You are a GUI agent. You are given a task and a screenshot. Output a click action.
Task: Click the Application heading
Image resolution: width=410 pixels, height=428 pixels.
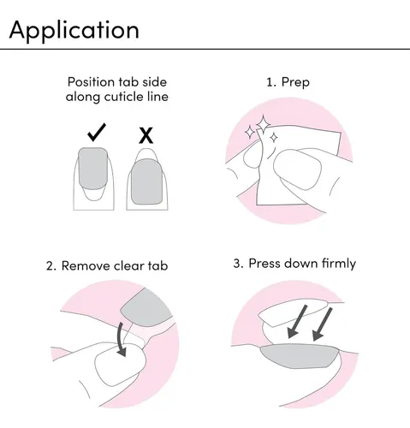(74, 31)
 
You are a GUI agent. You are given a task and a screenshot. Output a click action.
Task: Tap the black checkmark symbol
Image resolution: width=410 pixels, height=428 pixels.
(97, 133)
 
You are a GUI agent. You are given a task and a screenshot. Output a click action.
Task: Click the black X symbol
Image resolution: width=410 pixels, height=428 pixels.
(146, 135)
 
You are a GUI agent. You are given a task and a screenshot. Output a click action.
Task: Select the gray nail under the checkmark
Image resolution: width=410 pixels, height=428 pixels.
(93, 169)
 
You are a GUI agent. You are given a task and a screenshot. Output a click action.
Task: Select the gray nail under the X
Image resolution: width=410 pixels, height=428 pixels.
(147, 181)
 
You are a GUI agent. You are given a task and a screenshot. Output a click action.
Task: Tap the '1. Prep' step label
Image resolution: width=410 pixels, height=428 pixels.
(288, 82)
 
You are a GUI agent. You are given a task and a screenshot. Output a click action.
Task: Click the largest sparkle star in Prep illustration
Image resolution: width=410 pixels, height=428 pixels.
(263, 124)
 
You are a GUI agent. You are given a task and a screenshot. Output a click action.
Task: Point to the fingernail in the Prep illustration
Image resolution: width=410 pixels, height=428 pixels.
(297, 169)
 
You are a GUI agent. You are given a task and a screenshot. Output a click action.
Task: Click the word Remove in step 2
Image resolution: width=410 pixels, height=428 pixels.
(86, 266)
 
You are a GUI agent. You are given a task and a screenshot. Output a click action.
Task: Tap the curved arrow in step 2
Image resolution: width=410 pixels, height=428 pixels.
(122, 340)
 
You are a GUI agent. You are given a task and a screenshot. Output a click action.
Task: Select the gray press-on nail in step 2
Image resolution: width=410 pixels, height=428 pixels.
(146, 308)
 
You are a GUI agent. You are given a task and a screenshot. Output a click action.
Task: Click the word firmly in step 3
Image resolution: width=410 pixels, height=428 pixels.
(339, 264)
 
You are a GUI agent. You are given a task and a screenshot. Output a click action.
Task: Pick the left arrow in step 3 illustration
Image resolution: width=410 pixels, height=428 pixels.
(297, 322)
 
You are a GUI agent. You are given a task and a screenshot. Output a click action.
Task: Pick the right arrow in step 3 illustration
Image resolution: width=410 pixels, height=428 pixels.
(322, 324)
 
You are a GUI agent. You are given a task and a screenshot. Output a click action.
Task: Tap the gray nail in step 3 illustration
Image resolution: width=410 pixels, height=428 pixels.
(299, 356)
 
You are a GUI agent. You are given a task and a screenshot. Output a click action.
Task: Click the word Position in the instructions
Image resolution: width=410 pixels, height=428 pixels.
(91, 82)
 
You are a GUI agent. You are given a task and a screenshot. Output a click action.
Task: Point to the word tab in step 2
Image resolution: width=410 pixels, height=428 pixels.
(157, 266)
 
